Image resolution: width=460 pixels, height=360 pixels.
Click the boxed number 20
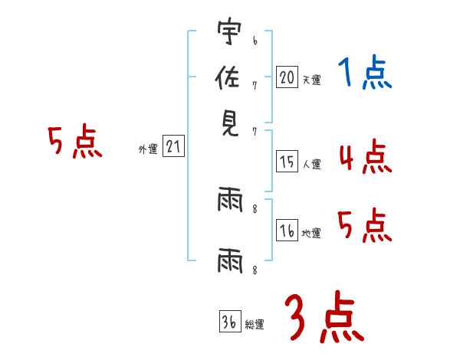pos(287,77)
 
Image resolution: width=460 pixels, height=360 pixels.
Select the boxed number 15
pos(287,162)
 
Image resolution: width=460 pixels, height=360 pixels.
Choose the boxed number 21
pos(174,147)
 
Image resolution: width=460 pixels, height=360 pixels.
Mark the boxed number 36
pos(229,322)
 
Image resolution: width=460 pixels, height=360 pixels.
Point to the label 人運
pos(311,164)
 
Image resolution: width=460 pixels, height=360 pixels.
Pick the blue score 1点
pos(365,75)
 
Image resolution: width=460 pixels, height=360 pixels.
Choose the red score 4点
pos(365,157)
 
